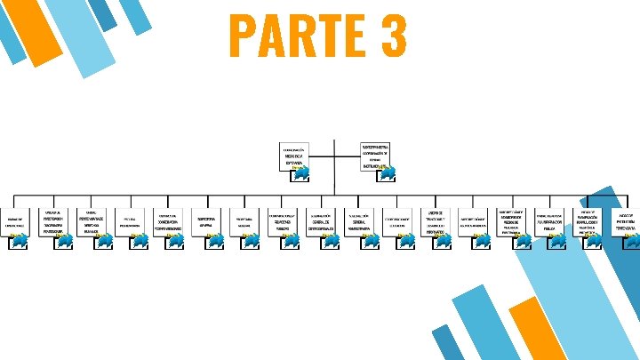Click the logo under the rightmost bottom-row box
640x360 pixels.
(628, 240)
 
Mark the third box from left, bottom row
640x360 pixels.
(92, 223)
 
